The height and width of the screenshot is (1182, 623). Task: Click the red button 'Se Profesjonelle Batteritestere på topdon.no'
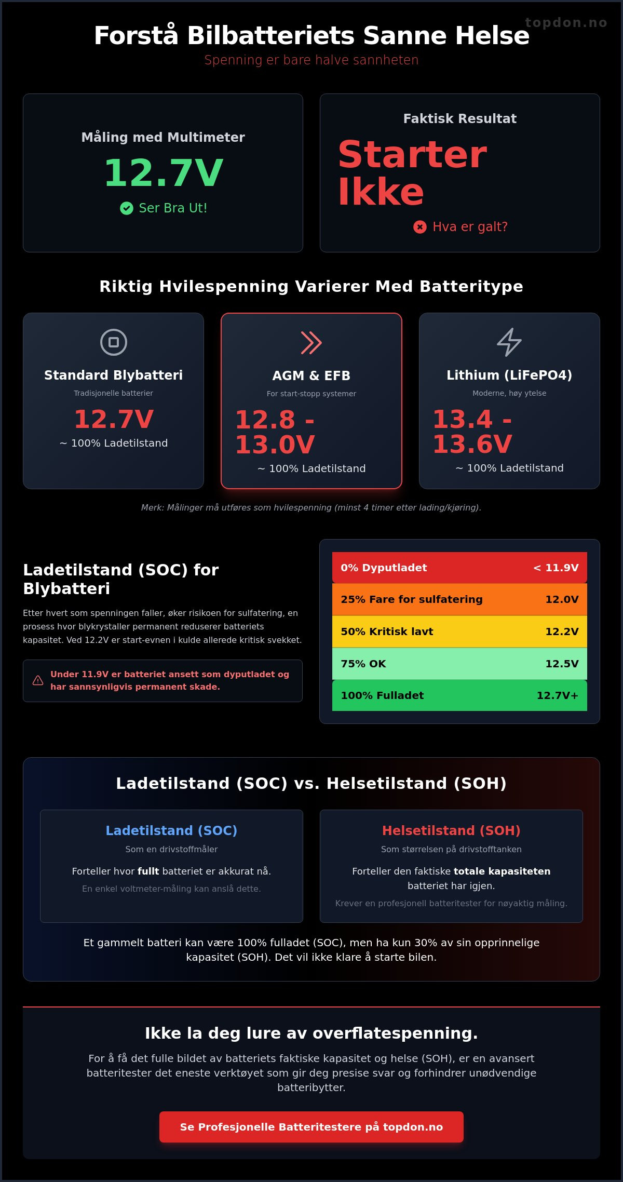pyautogui.click(x=311, y=1126)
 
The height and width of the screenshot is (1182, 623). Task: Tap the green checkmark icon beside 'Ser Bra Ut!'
pyautogui.click(x=127, y=208)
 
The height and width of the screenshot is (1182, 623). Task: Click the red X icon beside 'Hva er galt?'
pyautogui.click(x=420, y=227)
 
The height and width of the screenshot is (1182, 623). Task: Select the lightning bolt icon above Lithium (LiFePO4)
pyautogui.click(x=509, y=342)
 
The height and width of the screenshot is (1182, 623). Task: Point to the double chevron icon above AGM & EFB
pyautogui.click(x=311, y=343)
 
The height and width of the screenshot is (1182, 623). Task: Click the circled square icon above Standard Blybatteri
pyautogui.click(x=114, y=342)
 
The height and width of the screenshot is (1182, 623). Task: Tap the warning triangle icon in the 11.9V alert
pyautogui.click(x=38, y=680)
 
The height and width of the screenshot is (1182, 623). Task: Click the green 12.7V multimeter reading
pyautogui.click(x=163, y=172)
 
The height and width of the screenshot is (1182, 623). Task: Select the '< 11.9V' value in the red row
pyautogui.click(x=556, y=568)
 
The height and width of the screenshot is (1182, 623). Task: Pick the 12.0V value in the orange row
pyautogui.click(x=562, y=599)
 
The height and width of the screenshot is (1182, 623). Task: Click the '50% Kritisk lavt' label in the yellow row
pyautogui.click(x=387, y=632)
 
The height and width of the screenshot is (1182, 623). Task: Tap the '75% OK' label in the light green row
pyautogui.click(x=363, y=664)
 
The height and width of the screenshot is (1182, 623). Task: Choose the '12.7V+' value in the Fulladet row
pyautogui.click(x=558, y=695)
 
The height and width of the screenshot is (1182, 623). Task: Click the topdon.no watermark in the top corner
pyautogui.click(x=566, y=22)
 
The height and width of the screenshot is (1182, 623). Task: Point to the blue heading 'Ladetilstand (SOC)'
pyautogui.click(x=171, y=830)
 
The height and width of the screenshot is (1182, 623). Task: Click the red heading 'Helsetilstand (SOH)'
pyautogui.click(x=451, y=830)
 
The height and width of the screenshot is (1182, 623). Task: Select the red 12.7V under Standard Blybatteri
pyautogui.click(x=114, y=419)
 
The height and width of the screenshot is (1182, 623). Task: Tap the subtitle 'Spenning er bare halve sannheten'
pyautogui.click(x=311, y=60)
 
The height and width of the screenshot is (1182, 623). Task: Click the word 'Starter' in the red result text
pyautogui.click(x=413, y=154)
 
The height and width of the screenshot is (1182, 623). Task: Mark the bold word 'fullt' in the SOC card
pyautogui.click(x=148, y=871)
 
